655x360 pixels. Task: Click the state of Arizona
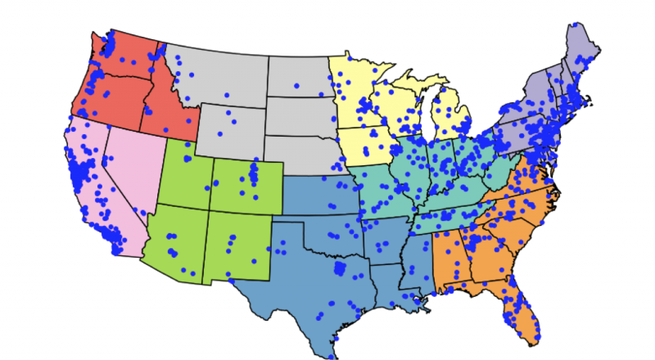176,237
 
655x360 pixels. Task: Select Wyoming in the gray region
233,131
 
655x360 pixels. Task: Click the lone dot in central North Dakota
297,85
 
